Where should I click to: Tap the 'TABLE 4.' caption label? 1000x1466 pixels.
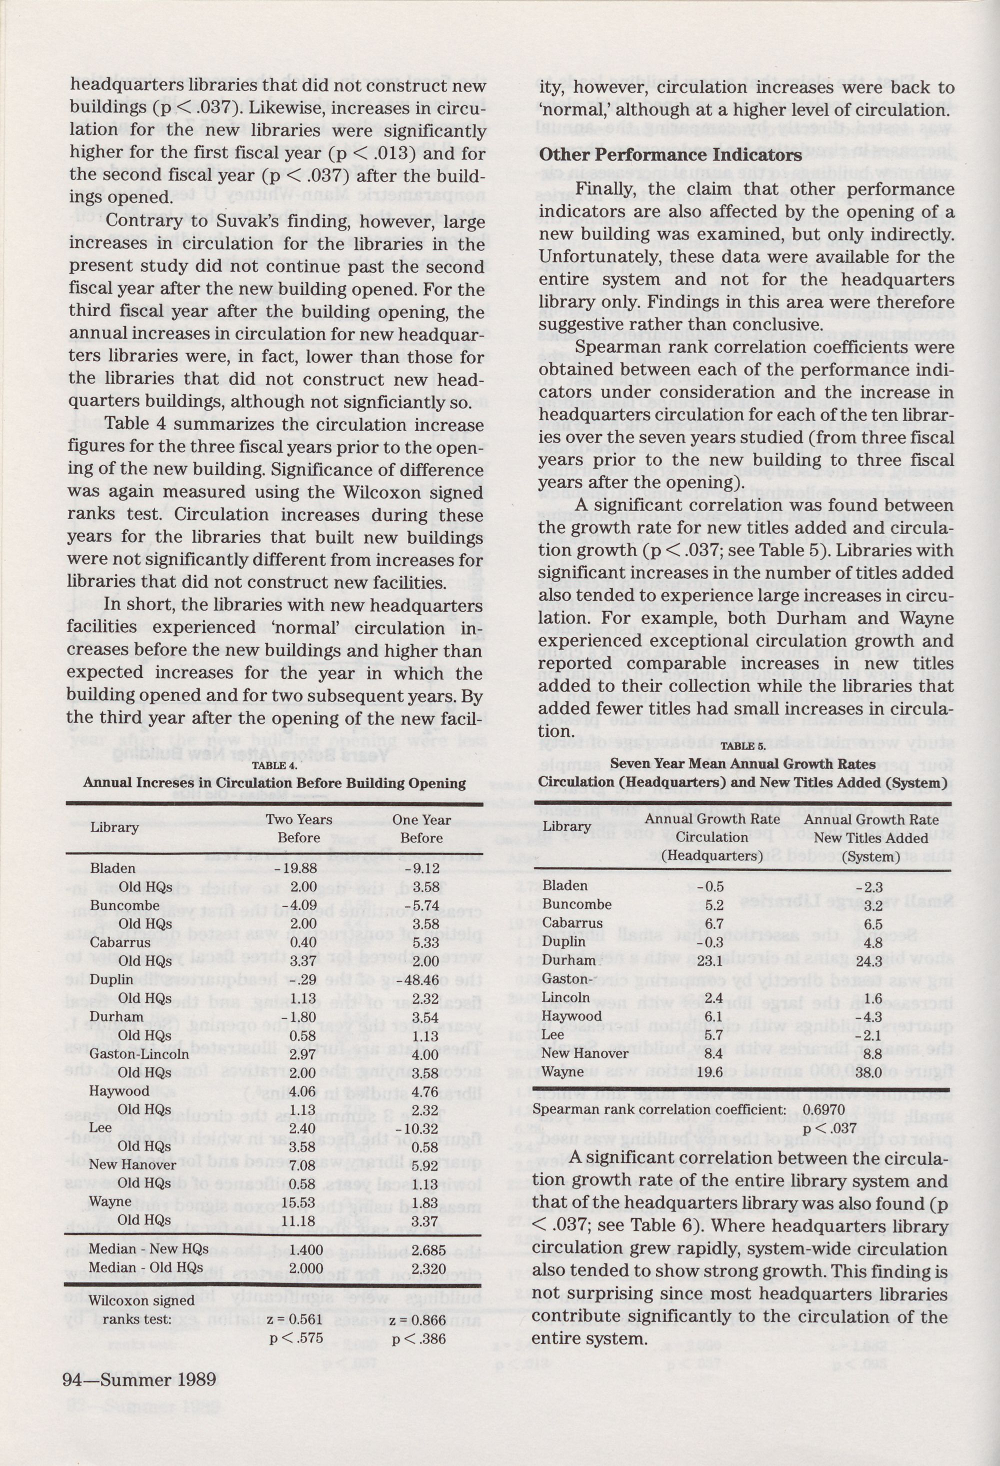pos(274,766)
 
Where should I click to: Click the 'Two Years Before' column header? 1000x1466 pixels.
pos(299,828)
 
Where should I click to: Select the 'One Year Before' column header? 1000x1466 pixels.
pos(421,828)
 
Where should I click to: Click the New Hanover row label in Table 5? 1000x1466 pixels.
pos(585,1053)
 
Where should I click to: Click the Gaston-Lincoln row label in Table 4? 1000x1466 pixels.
pos(138,1053)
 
